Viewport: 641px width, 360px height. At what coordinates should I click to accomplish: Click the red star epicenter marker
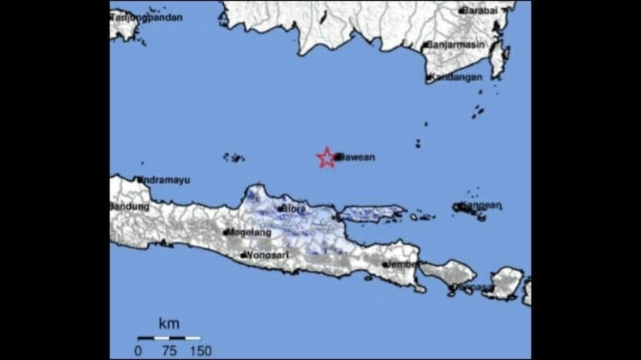click(x=326, y=157)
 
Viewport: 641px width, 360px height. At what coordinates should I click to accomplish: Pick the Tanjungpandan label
click(x=147, y=17)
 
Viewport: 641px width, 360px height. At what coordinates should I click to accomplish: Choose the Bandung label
click(x=130, y=207)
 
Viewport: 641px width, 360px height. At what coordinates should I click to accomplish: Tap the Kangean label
click(x=481, y=206)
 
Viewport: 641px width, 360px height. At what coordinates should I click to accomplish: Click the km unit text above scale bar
click(x=169, y=323)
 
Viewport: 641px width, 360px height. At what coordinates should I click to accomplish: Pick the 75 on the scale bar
click(x=170, y=350)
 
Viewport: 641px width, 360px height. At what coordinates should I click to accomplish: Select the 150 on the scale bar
click(x=201, y=350)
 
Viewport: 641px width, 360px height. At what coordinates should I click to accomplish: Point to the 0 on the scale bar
click(x=138, y=350)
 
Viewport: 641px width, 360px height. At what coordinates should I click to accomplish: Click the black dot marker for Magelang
click(x=226, y=233)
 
